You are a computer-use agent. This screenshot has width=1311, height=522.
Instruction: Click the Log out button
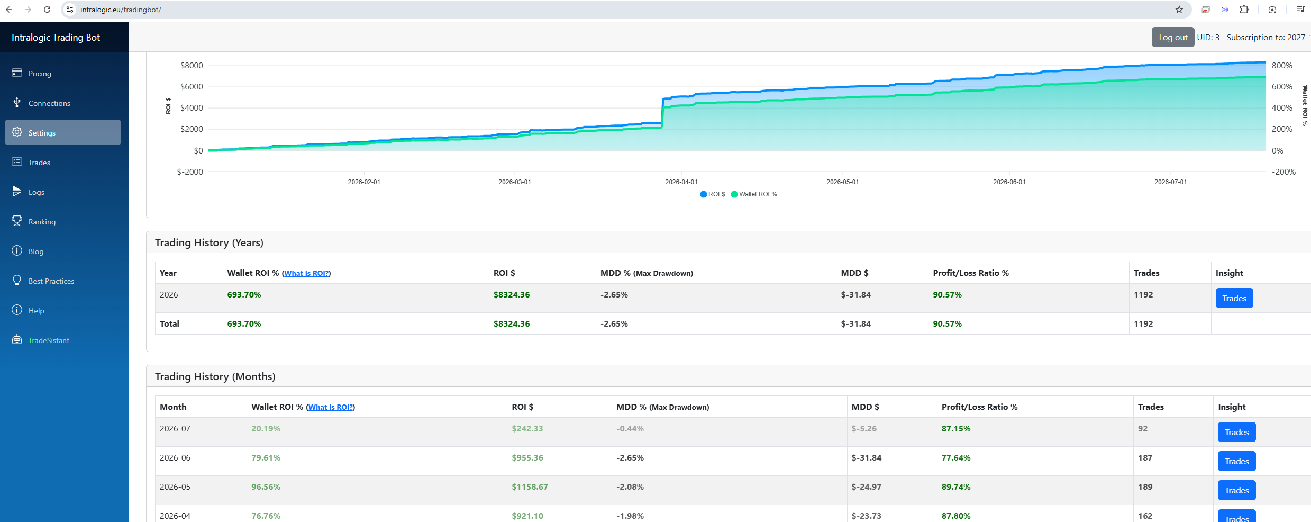[1172, 37]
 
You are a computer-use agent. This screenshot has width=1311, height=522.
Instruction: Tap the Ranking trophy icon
[17, 221]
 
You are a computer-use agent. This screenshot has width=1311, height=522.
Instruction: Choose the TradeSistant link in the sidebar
[49, 340]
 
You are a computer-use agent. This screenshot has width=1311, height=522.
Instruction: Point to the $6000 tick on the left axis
[192, 86]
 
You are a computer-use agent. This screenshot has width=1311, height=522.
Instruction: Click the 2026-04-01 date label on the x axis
[681, 182]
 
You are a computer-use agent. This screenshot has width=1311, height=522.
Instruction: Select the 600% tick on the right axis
[1282, 86]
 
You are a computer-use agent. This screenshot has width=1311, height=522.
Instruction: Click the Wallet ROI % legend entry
[754, 194]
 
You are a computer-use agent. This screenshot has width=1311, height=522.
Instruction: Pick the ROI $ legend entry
[713, 194]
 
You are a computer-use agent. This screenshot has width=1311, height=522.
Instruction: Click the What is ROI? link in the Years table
[306, 273]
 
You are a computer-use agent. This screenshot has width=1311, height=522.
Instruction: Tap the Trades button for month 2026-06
[1236, 461]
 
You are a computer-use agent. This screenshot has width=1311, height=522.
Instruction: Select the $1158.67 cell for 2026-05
[530, 487]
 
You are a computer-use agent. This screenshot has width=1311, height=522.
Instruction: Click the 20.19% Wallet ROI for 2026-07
[266, 429]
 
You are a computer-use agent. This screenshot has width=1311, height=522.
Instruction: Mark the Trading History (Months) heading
[215, 376]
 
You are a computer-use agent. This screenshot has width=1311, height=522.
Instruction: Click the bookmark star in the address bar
[1179, 10]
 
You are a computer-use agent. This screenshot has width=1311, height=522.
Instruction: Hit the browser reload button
[47, 10]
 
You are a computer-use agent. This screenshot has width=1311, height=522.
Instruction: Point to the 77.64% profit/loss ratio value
[955, 458]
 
